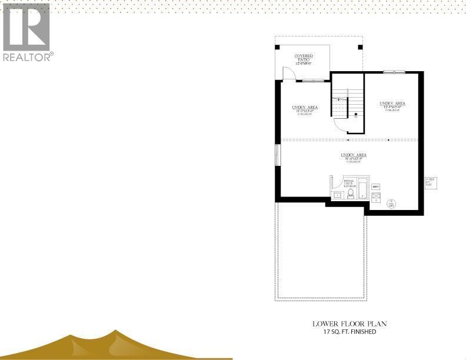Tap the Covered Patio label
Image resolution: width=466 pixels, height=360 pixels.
point(304,59)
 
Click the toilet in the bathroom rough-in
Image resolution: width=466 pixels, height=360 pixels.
point(351,193)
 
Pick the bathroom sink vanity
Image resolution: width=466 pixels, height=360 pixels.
point(338,195)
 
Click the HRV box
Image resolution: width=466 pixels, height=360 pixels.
point(376,186)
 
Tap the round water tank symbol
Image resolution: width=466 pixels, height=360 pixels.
point(391,204)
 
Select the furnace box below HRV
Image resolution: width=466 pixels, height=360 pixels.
point(376,197)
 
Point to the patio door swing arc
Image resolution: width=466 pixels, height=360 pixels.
point(288,74)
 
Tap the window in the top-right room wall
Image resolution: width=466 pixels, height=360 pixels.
point(394,72)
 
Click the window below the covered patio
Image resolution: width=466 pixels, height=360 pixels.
point(312,81)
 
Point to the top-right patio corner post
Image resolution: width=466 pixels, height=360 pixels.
point(360,47)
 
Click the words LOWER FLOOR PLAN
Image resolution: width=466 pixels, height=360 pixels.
point(349,324)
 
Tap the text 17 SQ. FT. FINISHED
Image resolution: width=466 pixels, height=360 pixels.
point(349,332)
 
